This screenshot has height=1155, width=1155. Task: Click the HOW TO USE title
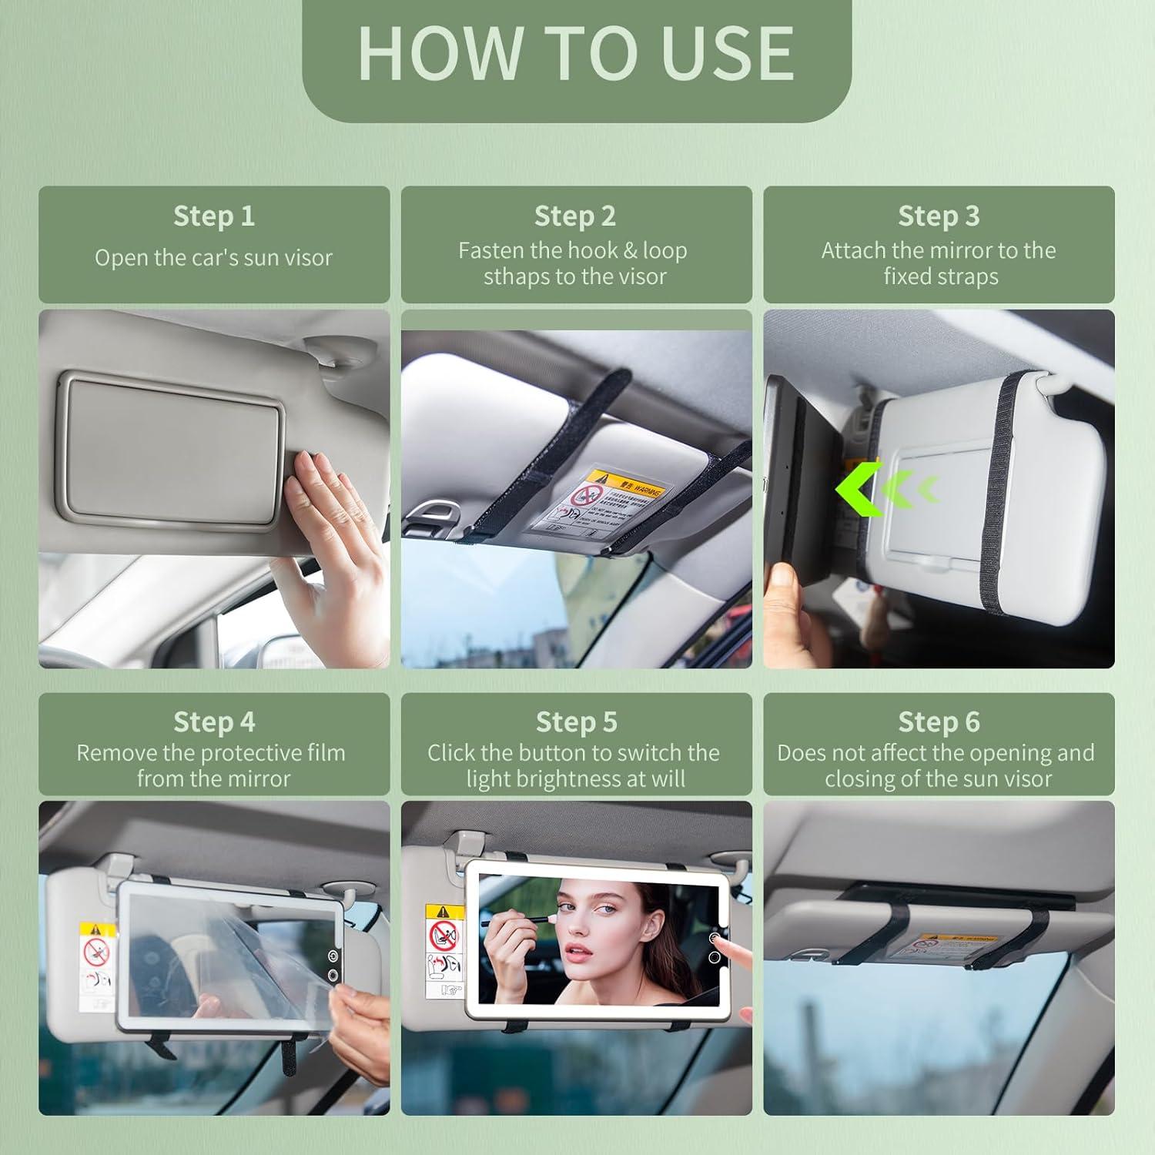pos(576,53)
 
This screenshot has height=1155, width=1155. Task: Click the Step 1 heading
pos(213,216)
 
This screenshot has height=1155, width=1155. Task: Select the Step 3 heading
pos(938,216)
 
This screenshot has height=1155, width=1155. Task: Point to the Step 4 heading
pos(213,722)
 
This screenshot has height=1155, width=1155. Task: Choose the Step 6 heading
pos(938,722)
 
